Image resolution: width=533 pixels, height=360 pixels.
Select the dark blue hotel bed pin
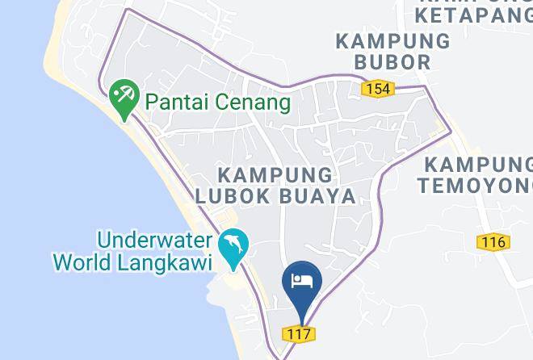(x=301, y=283)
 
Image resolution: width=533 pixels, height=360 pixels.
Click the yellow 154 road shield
(x=378, y=88)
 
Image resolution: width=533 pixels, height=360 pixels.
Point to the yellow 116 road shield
(x=491, y=241)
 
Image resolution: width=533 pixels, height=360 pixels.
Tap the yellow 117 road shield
(x=298, y=333)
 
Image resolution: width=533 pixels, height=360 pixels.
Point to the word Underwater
(x=154, y=241)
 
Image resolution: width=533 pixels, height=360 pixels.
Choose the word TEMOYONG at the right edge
(x=476, y=186)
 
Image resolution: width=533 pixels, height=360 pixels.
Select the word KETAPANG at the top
(x=473, y=14)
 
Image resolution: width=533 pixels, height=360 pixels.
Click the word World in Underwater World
(x=82, y=262)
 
